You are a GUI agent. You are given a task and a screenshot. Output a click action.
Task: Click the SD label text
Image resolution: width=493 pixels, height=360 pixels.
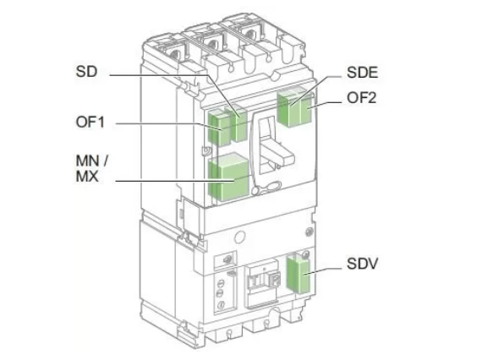click(86, 72)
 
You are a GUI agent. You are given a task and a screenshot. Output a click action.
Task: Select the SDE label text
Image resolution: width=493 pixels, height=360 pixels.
click(362, 73)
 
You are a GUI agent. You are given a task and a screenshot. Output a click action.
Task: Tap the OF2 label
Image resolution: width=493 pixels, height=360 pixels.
click(362, 98)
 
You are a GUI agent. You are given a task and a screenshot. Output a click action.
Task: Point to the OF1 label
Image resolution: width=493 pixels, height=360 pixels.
click(90, 122)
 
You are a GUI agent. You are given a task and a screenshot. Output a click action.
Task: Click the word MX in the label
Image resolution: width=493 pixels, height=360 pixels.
click(87, 177)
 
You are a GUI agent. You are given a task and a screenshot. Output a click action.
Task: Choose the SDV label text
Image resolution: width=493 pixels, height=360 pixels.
click(362, 264)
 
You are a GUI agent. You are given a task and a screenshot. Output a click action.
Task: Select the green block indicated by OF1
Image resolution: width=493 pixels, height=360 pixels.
click(219, 128)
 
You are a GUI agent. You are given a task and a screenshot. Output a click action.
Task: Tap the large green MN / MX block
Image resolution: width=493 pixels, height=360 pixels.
click(229, 177)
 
